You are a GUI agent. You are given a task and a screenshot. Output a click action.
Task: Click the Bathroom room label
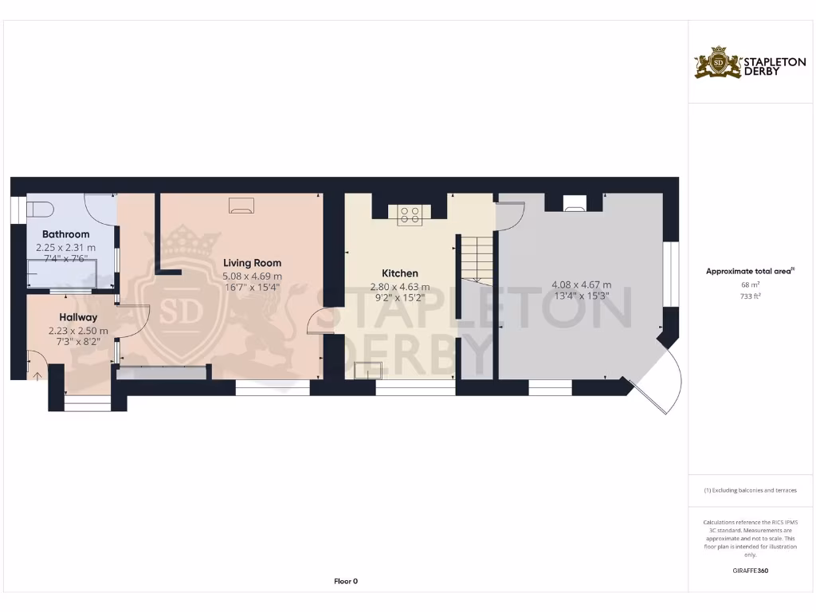pyautogui.click(x=65, y=234)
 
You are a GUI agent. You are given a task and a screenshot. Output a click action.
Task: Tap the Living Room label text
pyautogui.click(x=252, y=263)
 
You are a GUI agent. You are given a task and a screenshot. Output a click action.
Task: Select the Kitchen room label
pyautogui.click(x=399, y=273)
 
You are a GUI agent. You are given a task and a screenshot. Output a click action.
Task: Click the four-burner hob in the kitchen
pyautogui.click(x=410, y=214)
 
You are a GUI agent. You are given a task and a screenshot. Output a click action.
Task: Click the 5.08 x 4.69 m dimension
pyautogui.click(x=252, y=277)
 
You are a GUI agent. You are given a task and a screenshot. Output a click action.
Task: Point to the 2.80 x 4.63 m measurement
pyautogui.click(x=399, y=287)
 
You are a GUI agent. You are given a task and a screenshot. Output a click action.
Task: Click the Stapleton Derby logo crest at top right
pyautogui.click(x=718, y=63)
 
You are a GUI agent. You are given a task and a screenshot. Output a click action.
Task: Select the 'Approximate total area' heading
pyautogui.click(x=749, y=272)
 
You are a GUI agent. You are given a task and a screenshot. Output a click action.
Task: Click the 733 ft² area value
pyautogui.click(x=750, y=296)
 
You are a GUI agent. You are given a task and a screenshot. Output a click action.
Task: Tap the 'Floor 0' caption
pyautogui.click(x=345, y=581)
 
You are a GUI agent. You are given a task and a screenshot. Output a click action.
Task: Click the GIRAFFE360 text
pyautogui.click(x=750, y=571)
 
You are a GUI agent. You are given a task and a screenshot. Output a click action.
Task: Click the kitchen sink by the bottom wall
pyautogui.click(x=369, y=369)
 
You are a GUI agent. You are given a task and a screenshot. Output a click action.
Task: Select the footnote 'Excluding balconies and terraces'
pyautogui.click(x=750, y=490)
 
